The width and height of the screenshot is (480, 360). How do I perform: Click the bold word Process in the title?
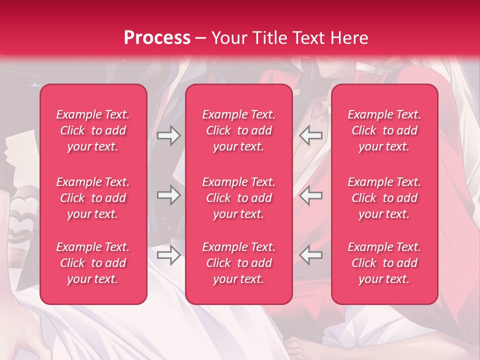coord(157,38)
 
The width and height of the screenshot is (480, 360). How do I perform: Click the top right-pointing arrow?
coord(168,135)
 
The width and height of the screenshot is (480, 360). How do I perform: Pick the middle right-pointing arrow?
coord(168,195)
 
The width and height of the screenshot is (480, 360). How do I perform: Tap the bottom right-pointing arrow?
coord(168,255)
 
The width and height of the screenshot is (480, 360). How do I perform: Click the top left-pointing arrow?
coord(311,135)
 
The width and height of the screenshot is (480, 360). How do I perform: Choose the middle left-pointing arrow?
coord(311,195)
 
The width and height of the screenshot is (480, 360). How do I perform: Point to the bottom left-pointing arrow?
coord(311,255)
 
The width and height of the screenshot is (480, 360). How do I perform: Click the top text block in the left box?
coord(93,130)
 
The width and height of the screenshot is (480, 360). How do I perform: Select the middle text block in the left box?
coord(93,198)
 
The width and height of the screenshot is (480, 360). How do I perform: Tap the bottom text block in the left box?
coord(93,263)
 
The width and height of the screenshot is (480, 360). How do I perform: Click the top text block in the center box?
coord(239,130)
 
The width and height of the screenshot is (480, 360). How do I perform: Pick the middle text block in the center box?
coord(239,198)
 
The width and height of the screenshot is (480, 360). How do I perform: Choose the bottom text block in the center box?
coord(239,263)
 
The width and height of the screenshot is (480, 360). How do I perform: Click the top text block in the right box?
coord(384,130)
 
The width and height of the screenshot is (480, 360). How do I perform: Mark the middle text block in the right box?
coord(384,198)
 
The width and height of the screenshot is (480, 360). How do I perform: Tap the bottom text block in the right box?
coord(384,263)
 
